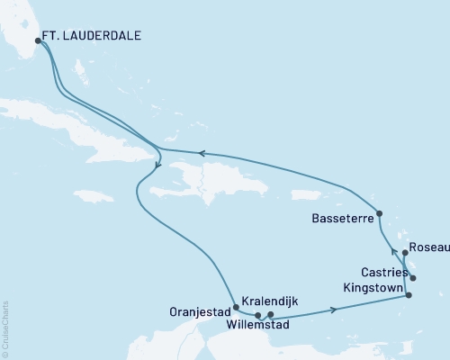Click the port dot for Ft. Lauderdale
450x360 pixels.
point(38,40)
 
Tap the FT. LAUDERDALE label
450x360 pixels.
point(93,37)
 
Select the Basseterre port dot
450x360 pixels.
point(380,214)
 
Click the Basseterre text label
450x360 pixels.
point(337,218)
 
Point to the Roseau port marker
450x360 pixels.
point(405,253)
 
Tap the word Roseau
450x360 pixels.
point(427,246)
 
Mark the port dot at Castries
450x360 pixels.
point(413,278)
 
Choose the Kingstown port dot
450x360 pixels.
point(409,295)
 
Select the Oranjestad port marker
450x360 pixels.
point(236,307)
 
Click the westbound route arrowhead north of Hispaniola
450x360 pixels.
point(202,153)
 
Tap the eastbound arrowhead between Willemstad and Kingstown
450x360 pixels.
point(336,309)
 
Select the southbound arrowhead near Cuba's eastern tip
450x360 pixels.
point(157,165)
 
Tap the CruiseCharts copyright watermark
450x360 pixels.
point(5,328)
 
